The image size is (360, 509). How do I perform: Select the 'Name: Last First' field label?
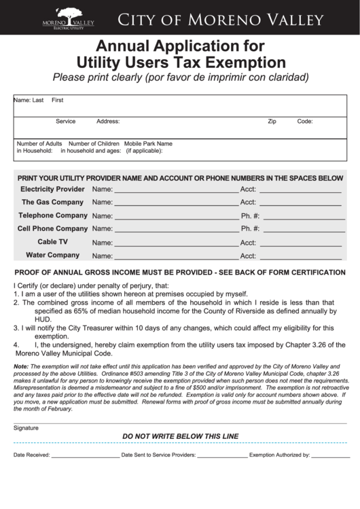[x=38, y=101]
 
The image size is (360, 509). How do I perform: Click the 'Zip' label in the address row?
[x=272, y=122]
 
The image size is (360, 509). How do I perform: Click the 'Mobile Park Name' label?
[x=148, y=144]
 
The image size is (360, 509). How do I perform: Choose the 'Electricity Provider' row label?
[x=52, y=189]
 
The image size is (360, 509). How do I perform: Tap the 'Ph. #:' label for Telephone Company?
[x=250, y=216]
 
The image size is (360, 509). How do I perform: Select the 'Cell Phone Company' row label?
[x=52, y=229]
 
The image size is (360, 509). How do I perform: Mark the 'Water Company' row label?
[x=52, y=256]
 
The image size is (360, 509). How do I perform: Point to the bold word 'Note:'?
[x=21, y=366]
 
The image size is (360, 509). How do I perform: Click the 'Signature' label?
[x=26, y=428]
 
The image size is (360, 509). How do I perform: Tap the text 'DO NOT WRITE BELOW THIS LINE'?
[x=180, y=436]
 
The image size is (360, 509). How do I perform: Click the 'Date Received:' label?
[x=32, y=455]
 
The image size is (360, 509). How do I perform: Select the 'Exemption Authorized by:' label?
[x=279, y=455]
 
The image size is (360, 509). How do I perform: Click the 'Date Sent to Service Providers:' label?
[x=158, y=455]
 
